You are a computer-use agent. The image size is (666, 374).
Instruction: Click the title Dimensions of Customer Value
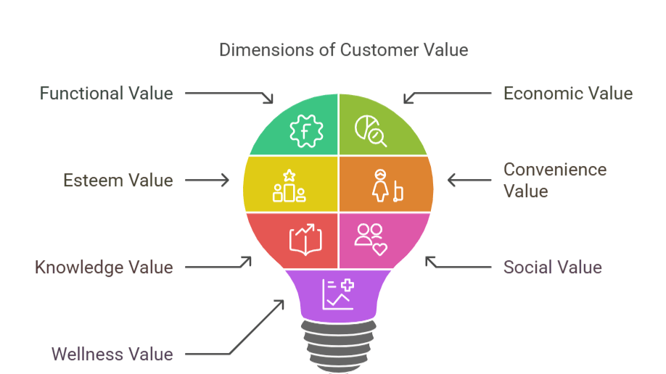pyautogui.click(x=343, y=50)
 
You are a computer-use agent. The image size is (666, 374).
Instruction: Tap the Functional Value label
pyautogui.click(x=106, y=93)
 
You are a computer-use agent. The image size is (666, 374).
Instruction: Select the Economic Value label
pyautogui.click(x=568, y=93)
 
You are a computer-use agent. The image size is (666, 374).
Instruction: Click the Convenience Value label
pyautogui.click(x=555, y=180)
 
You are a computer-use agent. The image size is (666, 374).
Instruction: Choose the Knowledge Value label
pyautogui.click(x=104, y=267)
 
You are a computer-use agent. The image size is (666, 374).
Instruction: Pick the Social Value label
pyautogui.click(x=553, y=267)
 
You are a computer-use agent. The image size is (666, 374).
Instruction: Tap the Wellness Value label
pyautogui.click(x=112, y=354)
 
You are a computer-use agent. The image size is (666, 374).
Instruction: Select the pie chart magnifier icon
pyautogui.click(x=370, y=130)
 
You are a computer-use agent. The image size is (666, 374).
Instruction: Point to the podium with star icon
pyautogui.click(x=289, y=186)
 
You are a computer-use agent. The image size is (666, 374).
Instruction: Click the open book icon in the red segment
pyautogui.click(x=305, y=239)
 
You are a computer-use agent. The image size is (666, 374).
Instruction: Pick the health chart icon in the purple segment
pyautogui.click(x=338, y=294)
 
